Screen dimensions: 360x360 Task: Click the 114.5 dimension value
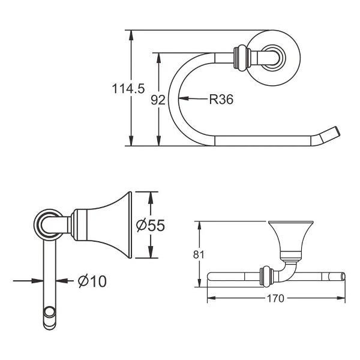[128, 88]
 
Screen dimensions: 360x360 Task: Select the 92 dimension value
[158, 100]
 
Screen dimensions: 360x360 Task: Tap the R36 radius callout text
[221, 99]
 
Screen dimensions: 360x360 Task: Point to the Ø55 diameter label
[151, 225]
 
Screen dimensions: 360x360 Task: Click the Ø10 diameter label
[92, 281]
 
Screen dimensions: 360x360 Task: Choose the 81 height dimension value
[199, 254]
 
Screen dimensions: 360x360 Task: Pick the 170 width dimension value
[275, 298]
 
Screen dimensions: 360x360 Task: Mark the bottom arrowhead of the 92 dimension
[158, 140]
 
